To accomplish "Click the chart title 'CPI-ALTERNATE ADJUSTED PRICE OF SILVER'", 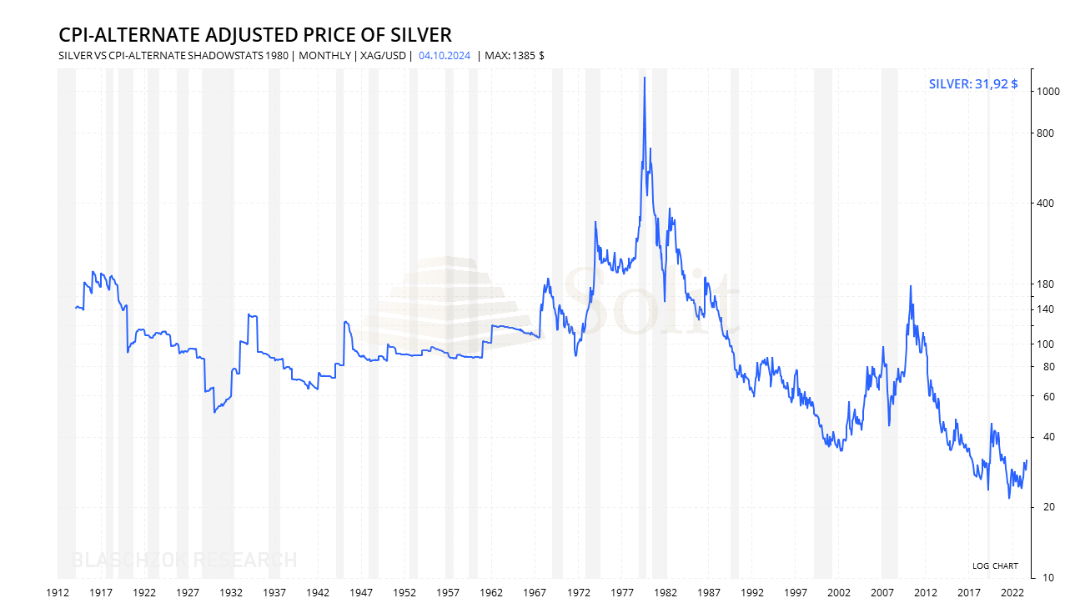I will tap(254, 34).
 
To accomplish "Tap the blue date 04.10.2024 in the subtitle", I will tap(445, 56).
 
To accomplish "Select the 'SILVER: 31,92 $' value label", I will tap(972, 83).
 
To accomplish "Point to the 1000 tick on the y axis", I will tap(1047, 92).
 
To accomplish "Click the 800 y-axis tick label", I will tap(1045, 133).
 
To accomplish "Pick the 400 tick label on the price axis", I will tap(1045, 203).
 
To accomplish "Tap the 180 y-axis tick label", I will tap(1045, 284).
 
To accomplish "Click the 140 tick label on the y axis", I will tap(1045, 309).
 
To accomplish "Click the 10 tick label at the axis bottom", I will tap(1042, 577).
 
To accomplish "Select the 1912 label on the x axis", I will tap(58, 592).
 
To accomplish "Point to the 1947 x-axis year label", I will tap(361, 592).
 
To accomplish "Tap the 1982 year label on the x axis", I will tap(665, 592).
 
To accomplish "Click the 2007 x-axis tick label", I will tap(882, 592).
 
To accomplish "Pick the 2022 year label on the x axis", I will tap(1012, 592).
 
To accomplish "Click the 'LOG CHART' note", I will tap(995, 566).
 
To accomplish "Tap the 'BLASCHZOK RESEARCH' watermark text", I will tap(184, 560).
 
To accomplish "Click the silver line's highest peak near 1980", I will tap(644, 78).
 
